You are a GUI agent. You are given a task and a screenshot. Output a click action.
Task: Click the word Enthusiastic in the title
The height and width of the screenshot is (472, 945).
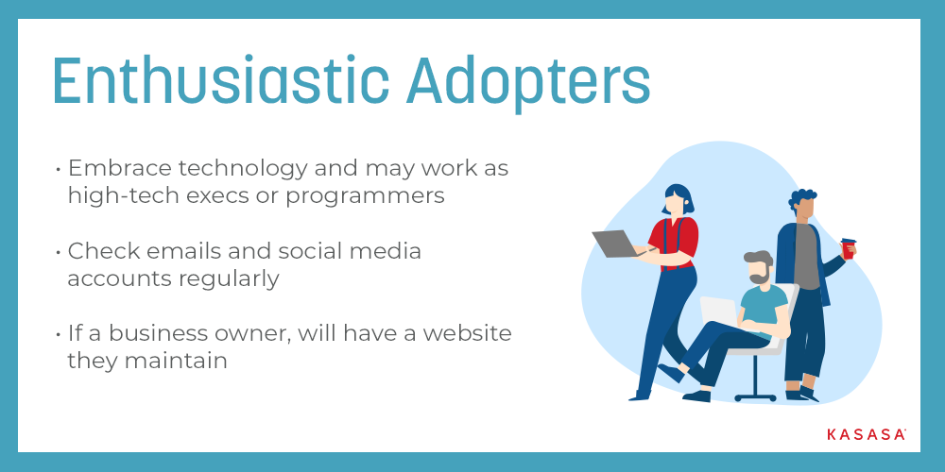click(221, 81)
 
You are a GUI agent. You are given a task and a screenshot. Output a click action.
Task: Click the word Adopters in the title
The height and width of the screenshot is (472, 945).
click(528, 83)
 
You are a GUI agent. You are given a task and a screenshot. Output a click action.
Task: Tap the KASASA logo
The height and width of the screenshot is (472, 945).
click(866, 434)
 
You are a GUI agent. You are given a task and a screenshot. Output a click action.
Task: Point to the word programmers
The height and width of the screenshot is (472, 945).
click(365, 197)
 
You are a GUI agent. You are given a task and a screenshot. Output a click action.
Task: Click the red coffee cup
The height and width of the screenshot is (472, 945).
click(848, 248)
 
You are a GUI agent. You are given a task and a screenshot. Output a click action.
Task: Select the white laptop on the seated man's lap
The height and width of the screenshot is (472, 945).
click(719, 312)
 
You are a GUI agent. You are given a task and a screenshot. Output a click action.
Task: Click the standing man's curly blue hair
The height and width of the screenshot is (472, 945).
click(801, 197)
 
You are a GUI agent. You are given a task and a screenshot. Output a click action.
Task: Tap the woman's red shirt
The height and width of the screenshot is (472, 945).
click(678, 243)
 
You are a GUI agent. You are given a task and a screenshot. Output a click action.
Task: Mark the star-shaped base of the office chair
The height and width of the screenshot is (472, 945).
click(755, 396)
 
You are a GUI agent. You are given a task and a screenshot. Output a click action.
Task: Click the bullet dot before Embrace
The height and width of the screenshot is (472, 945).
click(58, 169)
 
